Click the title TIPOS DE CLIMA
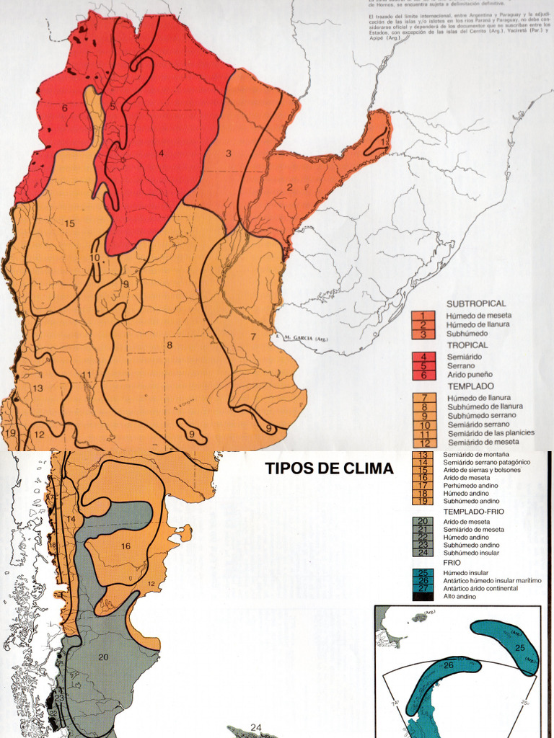pyautogui.click(x=330, y=468)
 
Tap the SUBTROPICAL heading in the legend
pyautogui.click(x=476, y=304)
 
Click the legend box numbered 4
pyautogui.click(x=423, y=357)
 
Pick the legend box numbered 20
pyautogui.click(x=423, y=522)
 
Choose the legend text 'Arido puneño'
pyautogui.click(x=469, y=374)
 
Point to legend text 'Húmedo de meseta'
pyautogui.click(x=479, y=316)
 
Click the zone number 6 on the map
pyautogui.click(x=64, y=108)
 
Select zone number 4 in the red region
pyautogui.click(x=162, y=153)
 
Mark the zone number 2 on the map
pyautogui.click(x=290, y=187)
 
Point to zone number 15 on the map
pyautogui.click(x=69, y=223)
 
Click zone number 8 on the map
pyautogui.click(x=170, y=345)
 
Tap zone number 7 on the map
pyautogui.click(x=253, y=337)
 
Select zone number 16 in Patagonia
pyautogui.click(x=126, y=546)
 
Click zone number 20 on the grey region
pyautogui.click(x=103, y=657)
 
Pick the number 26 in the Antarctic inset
pyautogui.click(x=449, y=664)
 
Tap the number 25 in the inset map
pyautogui.click(x=520, y=648)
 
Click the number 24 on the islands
pyautogui.click(x=256, y=727)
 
